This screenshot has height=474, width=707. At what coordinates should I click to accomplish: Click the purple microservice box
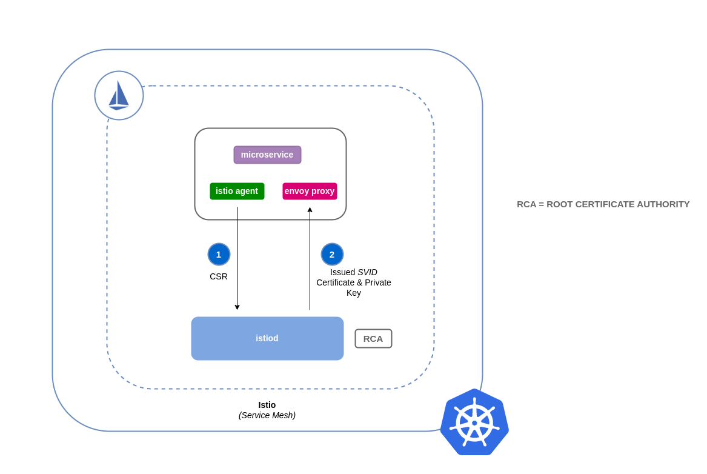pos(267,155)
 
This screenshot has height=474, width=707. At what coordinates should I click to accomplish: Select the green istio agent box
pos(237,191)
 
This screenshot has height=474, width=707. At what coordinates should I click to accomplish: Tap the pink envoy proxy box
pos(310,191)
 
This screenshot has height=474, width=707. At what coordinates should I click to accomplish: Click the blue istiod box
pos(267,338)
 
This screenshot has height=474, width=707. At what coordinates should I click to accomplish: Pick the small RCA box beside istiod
pos(373,338)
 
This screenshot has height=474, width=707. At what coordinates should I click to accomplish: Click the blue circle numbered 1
pos(219,254)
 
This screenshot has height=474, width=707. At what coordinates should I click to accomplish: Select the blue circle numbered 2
pos(332,254)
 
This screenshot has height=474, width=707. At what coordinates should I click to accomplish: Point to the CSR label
pos(219,276)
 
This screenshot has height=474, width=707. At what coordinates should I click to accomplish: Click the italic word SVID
pos(367,272)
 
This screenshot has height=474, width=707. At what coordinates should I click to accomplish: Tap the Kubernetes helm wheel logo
pos(474,422)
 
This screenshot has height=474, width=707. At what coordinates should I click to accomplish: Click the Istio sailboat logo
pos(119,95)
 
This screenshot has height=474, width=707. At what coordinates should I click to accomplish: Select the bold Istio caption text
pos(267,405)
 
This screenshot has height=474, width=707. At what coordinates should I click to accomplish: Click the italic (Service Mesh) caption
pos(267,415)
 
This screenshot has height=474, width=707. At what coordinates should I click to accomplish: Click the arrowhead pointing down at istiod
pos(237,307)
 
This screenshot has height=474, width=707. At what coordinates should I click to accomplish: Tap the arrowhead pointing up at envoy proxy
pos(310,210)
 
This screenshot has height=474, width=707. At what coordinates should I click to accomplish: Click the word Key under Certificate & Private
pos(354,293)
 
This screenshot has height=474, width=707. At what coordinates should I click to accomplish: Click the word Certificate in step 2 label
pos(335,282)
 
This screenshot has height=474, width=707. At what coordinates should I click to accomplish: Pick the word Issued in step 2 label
pos(342,272)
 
